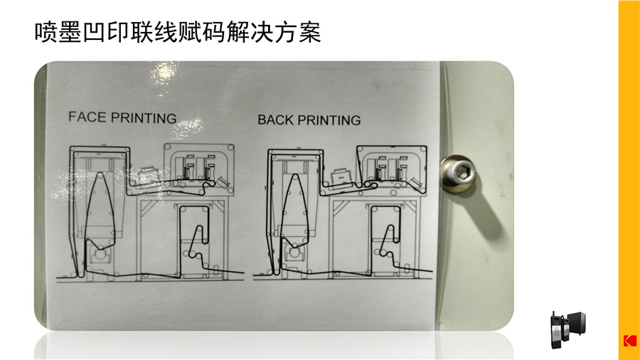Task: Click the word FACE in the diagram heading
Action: pyautogui.click(x=87, y=117)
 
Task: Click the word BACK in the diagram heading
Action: pyautogui.click(x=276, y=120)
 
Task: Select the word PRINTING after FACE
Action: pyautogui.click(x=143, y=118)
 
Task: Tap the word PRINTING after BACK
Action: pyautogui.click(x=329, y=120)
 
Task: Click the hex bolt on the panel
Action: pyautogui.click(x=458, y=174)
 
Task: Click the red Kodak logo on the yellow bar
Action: pyautogui.click(x=630, y=341)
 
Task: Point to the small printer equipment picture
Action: pyautogui.click(x=567, y=330)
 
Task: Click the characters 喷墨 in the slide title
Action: pyautogui.click(x=58, y=32)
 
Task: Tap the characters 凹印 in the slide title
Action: pyautogui.click(x=106, y=32)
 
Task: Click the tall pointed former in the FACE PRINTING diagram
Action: pyautogui.click(x=101, y=211)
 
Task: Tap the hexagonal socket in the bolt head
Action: pyautogui.click(x=462, y=173)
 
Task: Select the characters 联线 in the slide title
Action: pyautogui.click(x=154, y=32)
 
